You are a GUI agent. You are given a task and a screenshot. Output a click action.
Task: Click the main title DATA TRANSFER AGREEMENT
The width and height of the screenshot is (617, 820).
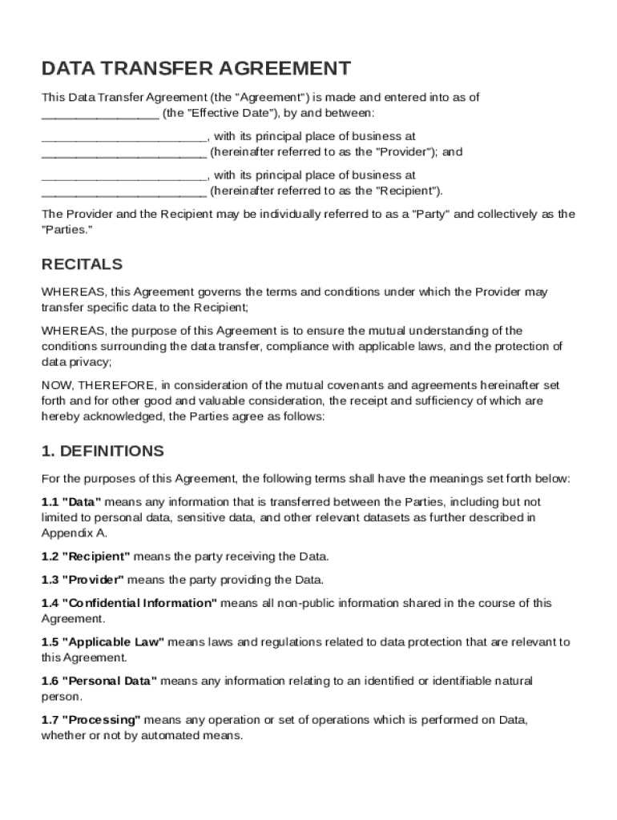tap(196, 68)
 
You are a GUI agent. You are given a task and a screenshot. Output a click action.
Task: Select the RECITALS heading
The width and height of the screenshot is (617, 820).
tap(82, 264)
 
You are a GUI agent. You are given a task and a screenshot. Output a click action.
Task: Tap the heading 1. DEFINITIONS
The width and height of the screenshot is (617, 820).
tap(103, 451)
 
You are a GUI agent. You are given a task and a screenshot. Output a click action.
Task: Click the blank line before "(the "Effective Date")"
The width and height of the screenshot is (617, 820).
tap(100, 113)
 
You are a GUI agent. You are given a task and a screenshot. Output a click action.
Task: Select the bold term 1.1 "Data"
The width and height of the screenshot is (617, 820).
tap(71, 501)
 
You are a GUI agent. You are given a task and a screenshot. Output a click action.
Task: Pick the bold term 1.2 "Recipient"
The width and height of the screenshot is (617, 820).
tap(87, 557)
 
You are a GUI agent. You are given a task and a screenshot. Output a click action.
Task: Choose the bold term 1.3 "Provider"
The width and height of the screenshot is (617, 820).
tap(83, 580)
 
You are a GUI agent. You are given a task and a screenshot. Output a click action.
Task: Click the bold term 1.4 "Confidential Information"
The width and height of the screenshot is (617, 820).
tap(129, 603)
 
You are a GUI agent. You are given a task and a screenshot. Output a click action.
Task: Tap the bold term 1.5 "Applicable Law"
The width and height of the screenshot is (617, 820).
tap(103, 642)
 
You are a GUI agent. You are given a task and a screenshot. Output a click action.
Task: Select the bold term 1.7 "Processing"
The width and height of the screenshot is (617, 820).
tap(91, 720)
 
